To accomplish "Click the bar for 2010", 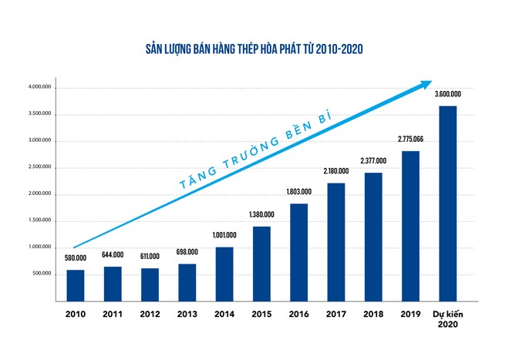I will pos(76,285).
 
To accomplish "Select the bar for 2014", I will pos(224,274).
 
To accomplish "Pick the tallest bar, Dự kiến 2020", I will pos(447,204).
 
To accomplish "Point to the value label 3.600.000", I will pos(447,94).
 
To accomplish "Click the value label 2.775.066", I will pos(410,140).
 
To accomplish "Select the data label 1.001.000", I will pos(224,235).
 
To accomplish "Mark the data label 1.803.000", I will pos(298,192).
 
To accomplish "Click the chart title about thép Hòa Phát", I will pos(254,49).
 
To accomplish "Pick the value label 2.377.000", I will pos(373,161).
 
